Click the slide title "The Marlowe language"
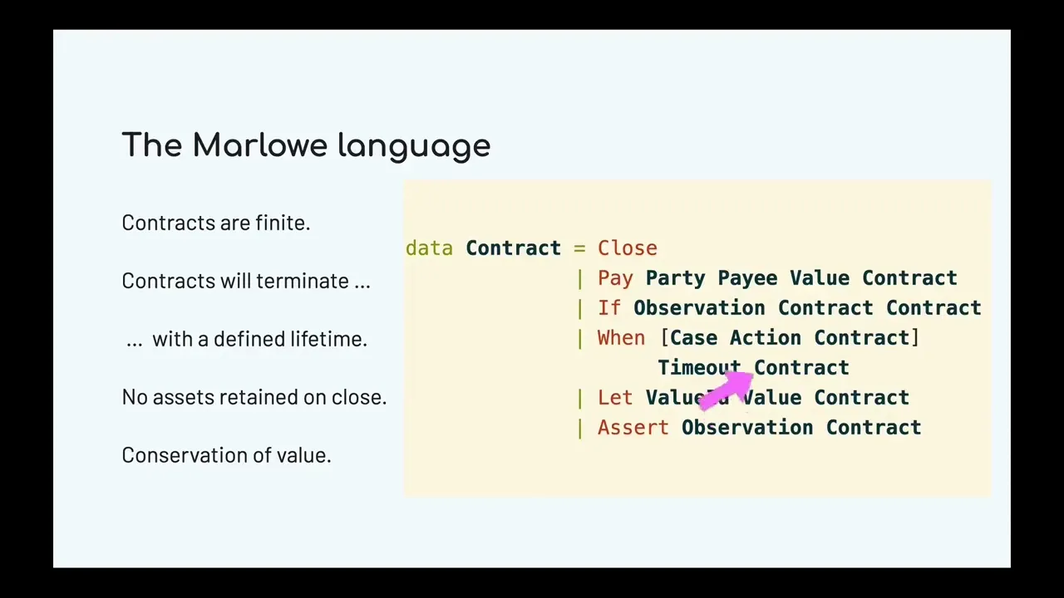tap(306, 145)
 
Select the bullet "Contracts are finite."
tap(216, 223)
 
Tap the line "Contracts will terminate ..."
tap(246, 281)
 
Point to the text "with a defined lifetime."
tap(259, 339)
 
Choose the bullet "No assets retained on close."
tap(254, 397)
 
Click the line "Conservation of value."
tap(226, 455)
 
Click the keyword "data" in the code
tap(429, 248)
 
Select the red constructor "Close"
tap(628, 248)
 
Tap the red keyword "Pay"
tap(615, 278)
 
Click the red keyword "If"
tap(609, 308)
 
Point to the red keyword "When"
tap(621, 338)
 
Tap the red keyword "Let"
tap(615, 398)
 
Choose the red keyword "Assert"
tap(633, 428)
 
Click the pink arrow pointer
tap(727, 389)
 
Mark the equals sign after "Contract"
tap(579, 248)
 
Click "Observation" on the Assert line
tap(747, 428)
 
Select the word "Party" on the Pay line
tap(675, 278)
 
